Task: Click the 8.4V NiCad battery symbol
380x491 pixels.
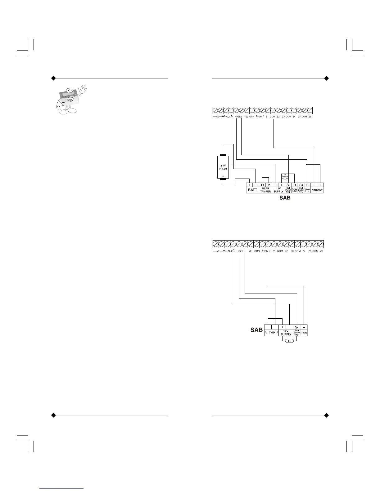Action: [223, 167]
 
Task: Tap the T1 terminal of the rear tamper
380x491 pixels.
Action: [262, 185]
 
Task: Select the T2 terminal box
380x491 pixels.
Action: [268, 185]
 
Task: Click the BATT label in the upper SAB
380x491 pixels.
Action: [252, 190]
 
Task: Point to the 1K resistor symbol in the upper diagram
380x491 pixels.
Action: [285, 179]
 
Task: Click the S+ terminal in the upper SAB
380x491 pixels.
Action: [301, 185]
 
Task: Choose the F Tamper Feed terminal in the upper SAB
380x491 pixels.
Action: [307, 185]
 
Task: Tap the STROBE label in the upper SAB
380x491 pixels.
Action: [317, 190]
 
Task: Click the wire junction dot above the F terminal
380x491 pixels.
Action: [307, 164]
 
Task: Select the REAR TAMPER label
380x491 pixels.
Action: [265, 190]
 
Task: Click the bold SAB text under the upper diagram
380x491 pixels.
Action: [285, 197]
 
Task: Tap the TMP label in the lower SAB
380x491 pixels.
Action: [272, 333]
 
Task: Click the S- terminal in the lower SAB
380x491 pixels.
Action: [297, 327]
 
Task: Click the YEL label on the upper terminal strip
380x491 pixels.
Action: [246, 117]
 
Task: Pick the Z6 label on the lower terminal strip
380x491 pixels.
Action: [321, 251]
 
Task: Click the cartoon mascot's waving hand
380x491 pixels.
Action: [82, 91]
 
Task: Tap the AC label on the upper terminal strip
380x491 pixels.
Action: [218, 117]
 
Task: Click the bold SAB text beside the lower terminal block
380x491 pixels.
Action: [256, 330]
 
